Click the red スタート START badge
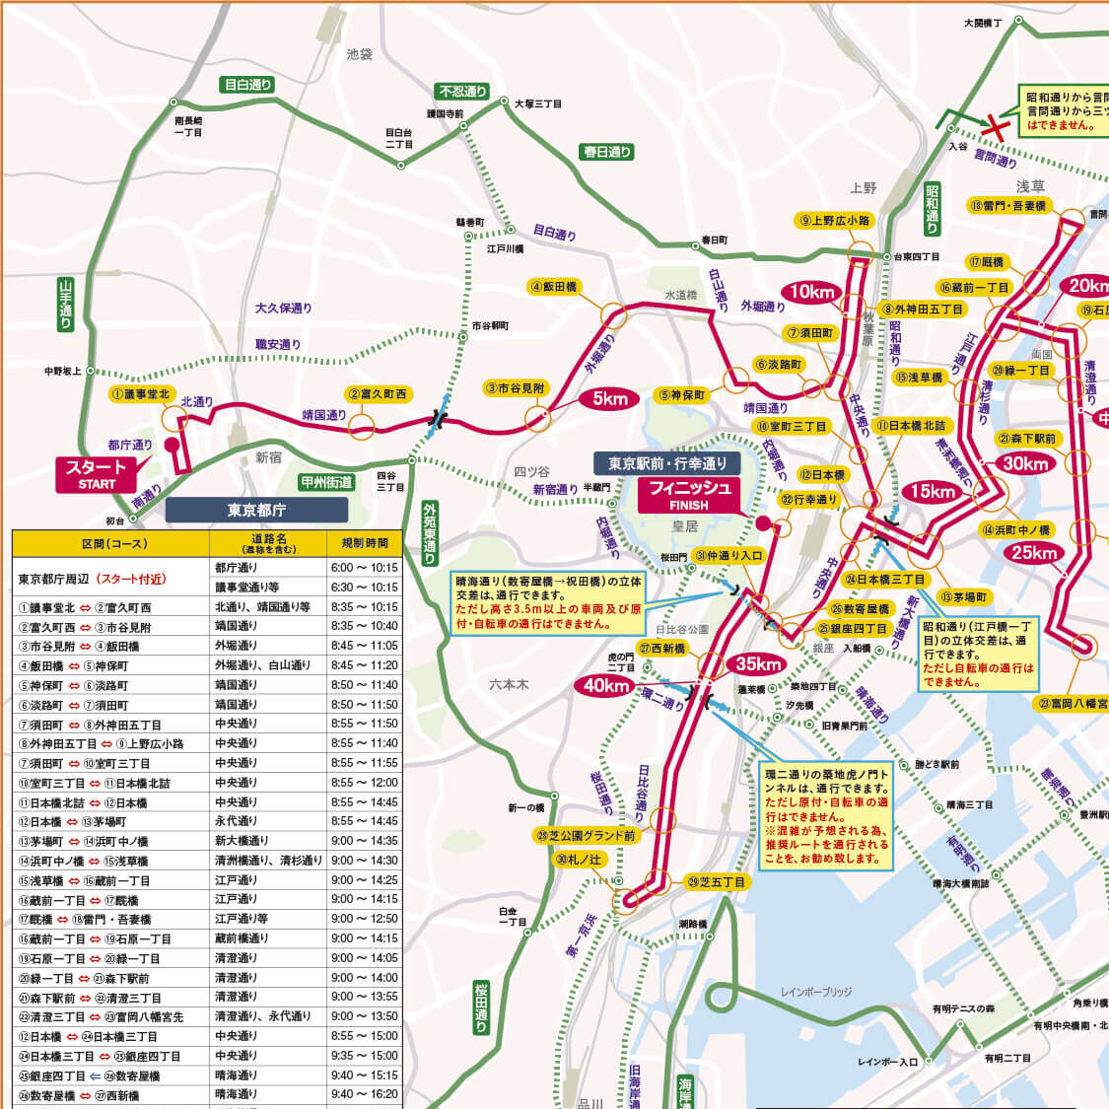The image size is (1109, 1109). tap(97, 473)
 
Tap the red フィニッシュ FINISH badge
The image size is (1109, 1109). tap(689, 495)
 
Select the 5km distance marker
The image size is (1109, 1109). tap(610, 398)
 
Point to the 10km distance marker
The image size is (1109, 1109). tap(811, 291)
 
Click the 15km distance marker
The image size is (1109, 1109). tap(933, 491)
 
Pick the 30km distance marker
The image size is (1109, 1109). tap(1025, 463)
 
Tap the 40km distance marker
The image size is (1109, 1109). tap(606, 685)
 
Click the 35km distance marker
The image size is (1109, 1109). tap(758, 663)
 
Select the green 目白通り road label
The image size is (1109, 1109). tap(247, 85)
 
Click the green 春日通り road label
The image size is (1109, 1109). tap(606, 152)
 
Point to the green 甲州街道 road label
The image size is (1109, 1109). tap(326, 482)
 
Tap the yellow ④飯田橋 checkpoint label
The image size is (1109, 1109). tap(554, 286)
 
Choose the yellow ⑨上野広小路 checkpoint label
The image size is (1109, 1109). tap(835, 220)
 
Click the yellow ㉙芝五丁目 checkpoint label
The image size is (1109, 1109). tap(717, 881)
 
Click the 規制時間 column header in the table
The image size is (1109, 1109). tap(365, 543)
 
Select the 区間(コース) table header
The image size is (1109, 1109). tap(111, 543)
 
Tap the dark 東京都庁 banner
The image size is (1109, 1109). tap(256, 510)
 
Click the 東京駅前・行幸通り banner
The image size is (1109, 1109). tap(666, 463)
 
